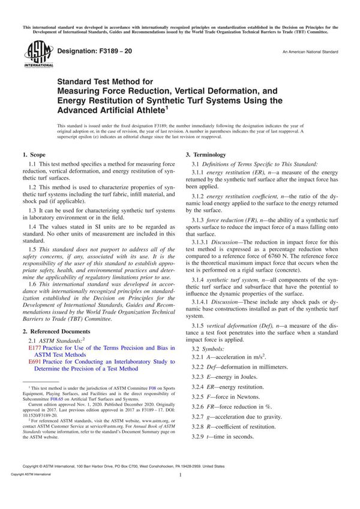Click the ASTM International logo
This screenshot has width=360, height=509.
click(35, 55)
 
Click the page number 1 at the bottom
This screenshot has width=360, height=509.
click(180, 492)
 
